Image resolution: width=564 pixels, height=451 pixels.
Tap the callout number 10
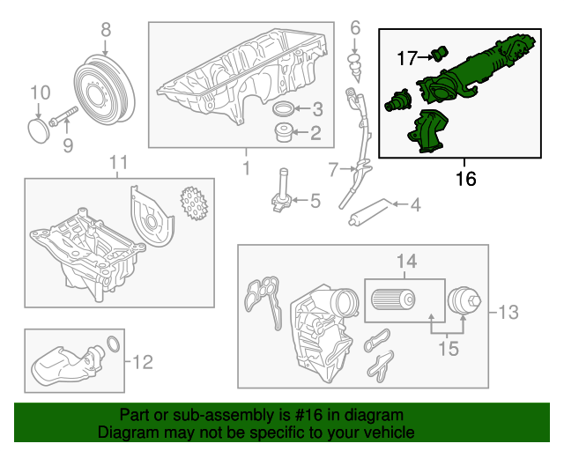pos(41,92)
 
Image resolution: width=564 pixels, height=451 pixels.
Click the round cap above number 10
pos(39,129)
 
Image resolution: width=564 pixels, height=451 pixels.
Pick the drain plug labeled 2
pos(284,134)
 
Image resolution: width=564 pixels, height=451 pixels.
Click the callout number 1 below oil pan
pos(246,166)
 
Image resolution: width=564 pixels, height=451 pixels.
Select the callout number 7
pos(333,167)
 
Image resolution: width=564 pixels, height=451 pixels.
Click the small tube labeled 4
pos(369,212)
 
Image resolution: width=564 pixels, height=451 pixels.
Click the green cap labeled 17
pos(441,53)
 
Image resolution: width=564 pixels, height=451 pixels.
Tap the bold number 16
pos(465,179)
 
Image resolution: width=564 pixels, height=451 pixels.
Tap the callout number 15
pos(449,349)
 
